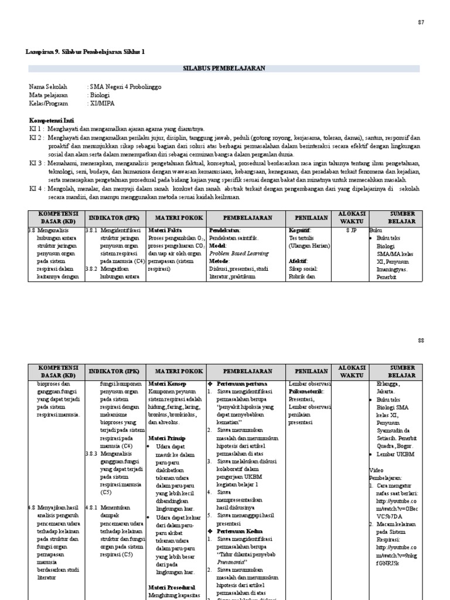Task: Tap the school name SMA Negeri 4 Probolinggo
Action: [x=125, y=87]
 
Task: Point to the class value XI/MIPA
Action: [x=102, y=103]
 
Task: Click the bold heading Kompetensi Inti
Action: [x=52, y=120]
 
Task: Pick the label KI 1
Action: [x=36, y=128]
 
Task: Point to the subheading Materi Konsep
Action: [x=168, y=384]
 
